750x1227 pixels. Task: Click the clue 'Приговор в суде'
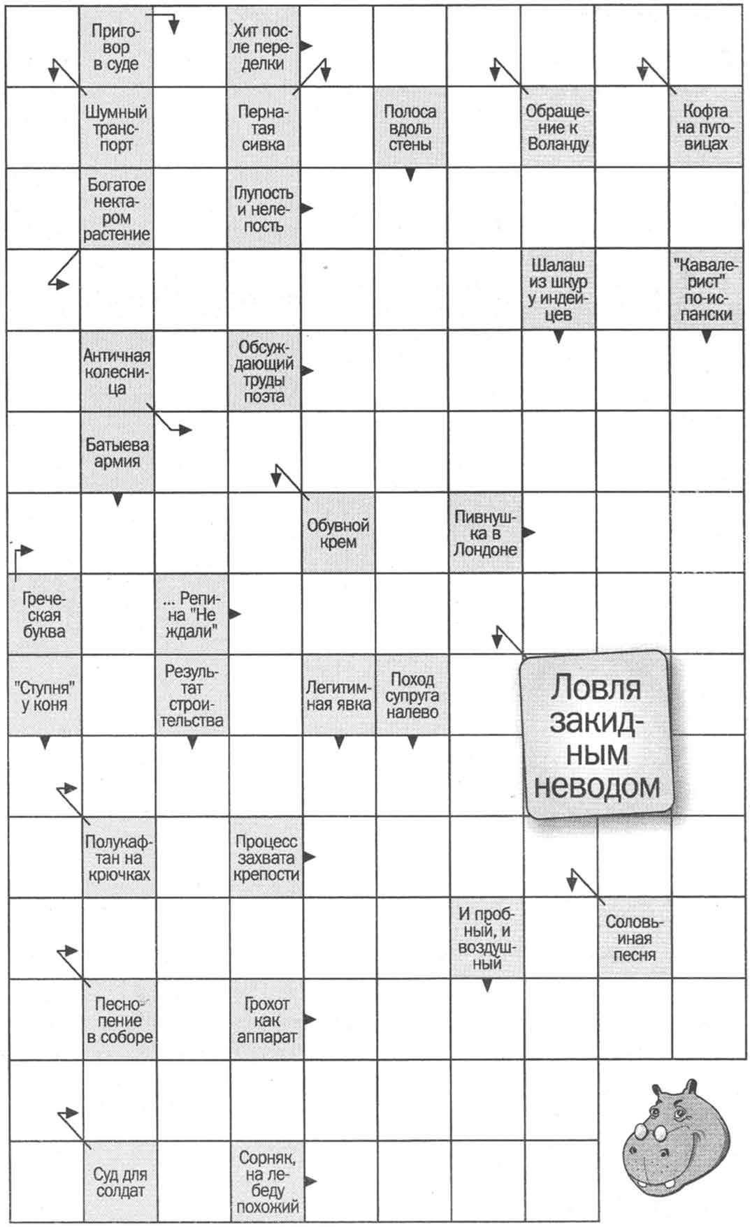pos(116,47)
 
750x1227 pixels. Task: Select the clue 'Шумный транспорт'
pos(116,128)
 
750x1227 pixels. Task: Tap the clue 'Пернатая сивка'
pos(263,128)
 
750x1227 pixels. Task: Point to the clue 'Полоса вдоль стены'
pos(410,128)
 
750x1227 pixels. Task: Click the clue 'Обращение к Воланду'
pos(557,128)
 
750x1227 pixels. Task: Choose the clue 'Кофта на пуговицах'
pos(705,128)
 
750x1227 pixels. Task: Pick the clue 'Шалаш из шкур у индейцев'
pos(557,290)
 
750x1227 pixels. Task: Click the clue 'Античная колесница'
pos(116,372)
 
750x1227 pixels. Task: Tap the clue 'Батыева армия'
pos(117,453)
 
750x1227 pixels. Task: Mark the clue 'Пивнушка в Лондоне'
pos(485,533)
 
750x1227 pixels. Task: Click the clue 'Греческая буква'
pos(44,615)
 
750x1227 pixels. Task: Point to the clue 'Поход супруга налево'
pos(412,696)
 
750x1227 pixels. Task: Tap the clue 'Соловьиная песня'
pos(634,939)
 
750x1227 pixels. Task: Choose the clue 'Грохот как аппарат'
pos(266,1020)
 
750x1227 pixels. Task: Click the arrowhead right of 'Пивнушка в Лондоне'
pos(529,533)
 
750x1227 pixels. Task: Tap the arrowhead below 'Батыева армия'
pos(117,500)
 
